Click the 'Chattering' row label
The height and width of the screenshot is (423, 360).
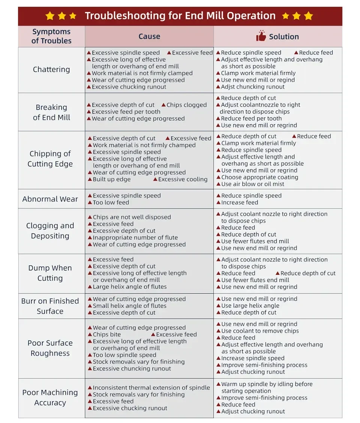click(x=51, y=69)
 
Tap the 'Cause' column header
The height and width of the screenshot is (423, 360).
click(x=149, y=36)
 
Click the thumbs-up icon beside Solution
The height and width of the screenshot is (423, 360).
click(x=261, y=36)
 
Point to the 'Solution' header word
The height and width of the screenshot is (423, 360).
click(x=284, y=36)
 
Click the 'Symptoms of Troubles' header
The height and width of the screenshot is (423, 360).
click(x=51, y=36)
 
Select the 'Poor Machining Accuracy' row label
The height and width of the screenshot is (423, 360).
click(x=50, y=397)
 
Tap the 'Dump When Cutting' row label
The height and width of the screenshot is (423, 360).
click(x=50, y=273)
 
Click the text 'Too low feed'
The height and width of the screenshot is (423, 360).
click(x=111, y=202)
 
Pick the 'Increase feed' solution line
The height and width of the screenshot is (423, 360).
click(x=240, y=202)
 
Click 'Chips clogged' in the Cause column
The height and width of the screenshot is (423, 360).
click(x=186, y=105)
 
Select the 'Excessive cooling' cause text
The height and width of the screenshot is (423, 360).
click(x=183, y=179)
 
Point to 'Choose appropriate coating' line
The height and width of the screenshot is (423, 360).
click(x=259, y=177)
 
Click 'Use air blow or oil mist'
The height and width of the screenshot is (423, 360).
click(x=252, y=184)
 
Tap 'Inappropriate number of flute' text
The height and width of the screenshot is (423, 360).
click(x=135, y=237)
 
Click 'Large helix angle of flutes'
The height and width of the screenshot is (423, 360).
click(x=130, y=286)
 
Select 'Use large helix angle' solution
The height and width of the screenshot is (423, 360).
click(x=250, y=306)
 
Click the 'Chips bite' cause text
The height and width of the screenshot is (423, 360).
click(x=107, y=334)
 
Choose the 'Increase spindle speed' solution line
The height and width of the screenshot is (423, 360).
click(x=253, y=358)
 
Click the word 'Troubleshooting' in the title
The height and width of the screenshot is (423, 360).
click(x=125, y=16)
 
